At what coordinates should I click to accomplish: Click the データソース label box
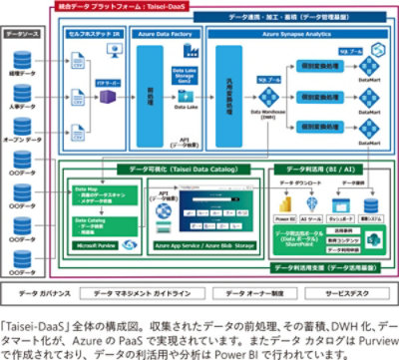click(x=23, y=33)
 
